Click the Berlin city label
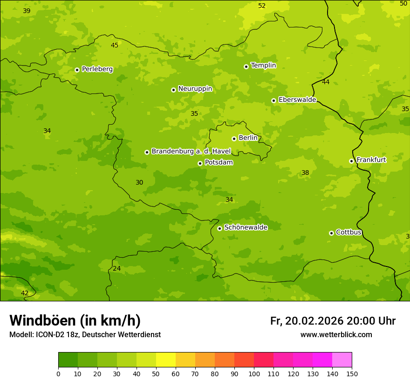248,138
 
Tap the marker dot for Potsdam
200,163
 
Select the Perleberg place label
97,69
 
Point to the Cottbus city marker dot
331,233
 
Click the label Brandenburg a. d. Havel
191,152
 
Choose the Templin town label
263,66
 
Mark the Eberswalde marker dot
273,100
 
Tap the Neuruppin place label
195,89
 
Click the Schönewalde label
246,227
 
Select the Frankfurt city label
371,160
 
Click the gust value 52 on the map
262,6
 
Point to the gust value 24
116,269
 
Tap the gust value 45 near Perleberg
115,45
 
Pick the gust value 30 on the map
139,183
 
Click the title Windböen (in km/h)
75,320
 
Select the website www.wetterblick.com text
336,335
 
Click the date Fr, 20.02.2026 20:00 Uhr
333,321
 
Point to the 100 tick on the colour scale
254,373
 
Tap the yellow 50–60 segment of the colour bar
166,360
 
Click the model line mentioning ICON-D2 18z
85,335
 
